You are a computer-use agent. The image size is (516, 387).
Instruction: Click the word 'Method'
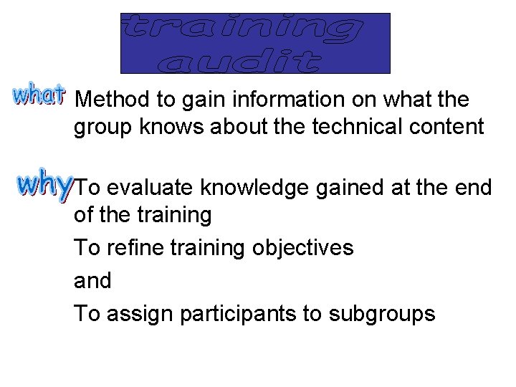pos(110,99)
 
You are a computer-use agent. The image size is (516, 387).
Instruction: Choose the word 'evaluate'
pos(151,188)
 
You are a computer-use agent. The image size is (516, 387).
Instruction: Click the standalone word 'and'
pos(92,281)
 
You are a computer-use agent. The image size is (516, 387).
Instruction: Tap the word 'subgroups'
pos(383,314)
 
